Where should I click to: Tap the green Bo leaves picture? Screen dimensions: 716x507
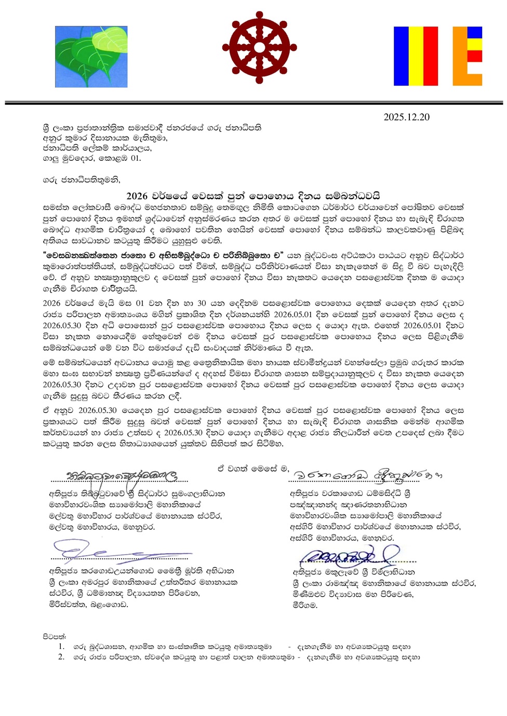click(91, 57)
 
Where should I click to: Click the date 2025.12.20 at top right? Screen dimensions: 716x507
click(406, 117)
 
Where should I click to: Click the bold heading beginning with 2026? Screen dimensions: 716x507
click(253, 196)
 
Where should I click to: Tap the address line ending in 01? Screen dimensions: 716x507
click(92, 158)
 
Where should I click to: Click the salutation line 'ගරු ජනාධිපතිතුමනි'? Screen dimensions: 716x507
click(82, 180)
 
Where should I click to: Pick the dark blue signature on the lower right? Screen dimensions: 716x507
click(348, 556)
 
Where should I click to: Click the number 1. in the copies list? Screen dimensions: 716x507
click(61, 646)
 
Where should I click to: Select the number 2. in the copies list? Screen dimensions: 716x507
click(61, 657)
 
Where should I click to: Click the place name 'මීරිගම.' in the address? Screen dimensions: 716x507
click(304, 604)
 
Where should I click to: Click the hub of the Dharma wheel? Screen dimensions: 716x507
click(259, 47)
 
